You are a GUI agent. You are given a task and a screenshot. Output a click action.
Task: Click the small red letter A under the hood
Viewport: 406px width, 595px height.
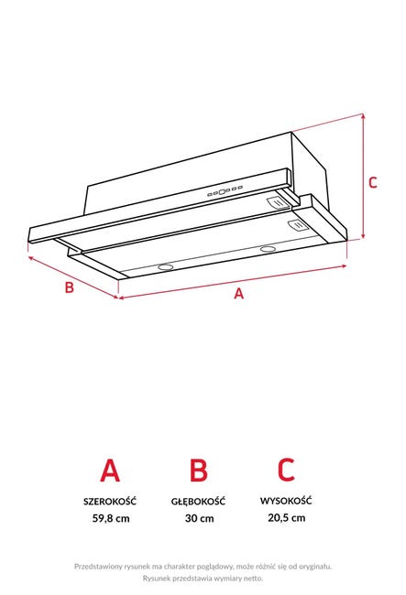point(238,293)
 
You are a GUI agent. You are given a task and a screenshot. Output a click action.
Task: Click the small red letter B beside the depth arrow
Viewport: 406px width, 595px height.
point(69,287)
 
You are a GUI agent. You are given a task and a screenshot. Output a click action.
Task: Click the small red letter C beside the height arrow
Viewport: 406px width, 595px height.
point(373,182)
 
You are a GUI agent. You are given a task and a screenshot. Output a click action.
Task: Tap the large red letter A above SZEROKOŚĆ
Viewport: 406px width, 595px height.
point(110,471)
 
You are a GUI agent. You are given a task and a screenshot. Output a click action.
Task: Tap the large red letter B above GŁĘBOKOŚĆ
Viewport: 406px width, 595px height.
point(199,471)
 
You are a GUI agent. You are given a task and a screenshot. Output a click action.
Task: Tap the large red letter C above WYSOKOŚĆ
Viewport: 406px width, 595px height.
point(286,470)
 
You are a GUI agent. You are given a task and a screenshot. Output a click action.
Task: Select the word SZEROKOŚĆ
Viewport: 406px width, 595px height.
point(110,501)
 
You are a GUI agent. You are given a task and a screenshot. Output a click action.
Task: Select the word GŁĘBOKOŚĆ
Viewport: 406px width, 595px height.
point(198,501)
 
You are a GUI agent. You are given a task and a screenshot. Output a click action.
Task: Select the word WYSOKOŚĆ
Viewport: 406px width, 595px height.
point(286,500)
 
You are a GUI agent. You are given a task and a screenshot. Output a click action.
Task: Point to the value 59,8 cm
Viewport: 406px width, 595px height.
point(111,518)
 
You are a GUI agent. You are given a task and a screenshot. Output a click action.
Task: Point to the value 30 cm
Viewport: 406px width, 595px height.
point(200,518)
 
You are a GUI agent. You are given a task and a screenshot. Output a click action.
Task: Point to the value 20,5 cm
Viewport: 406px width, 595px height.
point(287,517)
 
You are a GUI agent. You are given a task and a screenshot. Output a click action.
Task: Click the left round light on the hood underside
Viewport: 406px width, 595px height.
point(166,267)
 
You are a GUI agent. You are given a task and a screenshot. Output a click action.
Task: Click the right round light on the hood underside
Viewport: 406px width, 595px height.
point(269,249)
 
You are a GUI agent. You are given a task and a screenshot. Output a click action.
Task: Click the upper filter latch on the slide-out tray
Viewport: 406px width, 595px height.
point(279,203)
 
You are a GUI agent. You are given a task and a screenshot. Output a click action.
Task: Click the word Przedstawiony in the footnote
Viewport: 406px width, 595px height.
point(98,567)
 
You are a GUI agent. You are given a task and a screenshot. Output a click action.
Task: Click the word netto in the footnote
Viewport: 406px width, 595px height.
point(254,579)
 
